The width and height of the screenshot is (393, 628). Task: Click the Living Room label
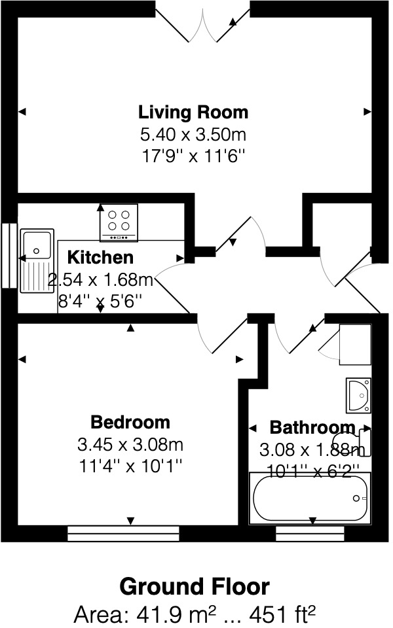click(x=193, y=112)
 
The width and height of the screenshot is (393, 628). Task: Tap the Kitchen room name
click(x=101, y=257)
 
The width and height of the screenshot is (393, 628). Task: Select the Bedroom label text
click(x=130, y=422)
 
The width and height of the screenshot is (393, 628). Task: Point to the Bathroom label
click(x=312, y=428)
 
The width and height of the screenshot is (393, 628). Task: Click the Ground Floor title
click(x=194, y=587)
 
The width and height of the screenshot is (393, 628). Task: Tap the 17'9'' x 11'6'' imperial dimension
click(x=193, y=158)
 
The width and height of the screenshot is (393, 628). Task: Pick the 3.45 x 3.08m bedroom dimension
click(x=130, y=445)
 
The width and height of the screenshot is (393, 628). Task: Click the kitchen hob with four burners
click(x=119, y=222)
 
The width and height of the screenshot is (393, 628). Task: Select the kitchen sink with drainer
click(x=37, y=260)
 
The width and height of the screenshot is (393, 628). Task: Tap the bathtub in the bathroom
click(x=309, y=497)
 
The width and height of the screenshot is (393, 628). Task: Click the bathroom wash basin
click(x=358, y=394)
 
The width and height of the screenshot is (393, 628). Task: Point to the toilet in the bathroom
click(x=354, y=440)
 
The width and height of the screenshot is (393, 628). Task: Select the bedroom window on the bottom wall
click(x=123, y=533)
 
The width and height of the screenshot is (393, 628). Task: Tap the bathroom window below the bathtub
click(x=310, y=533)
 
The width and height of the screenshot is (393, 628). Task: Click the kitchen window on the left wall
click(x=9, y=255)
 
